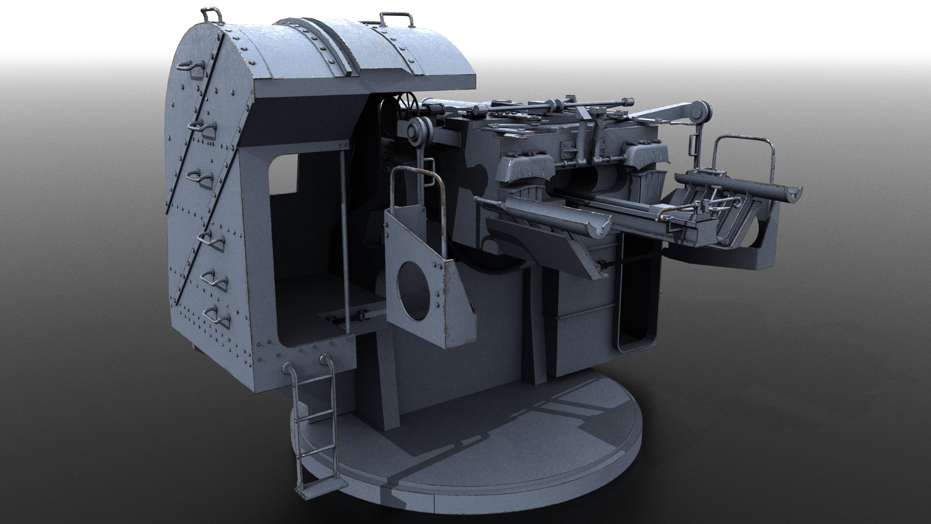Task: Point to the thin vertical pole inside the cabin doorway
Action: (344, 228)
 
